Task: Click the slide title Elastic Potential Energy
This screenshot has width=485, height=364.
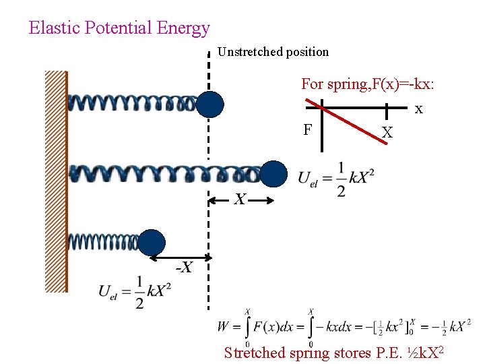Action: pos(119,28)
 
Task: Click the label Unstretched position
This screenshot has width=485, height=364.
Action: pos(273,52)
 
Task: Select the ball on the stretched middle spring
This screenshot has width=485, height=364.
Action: pos(274,173)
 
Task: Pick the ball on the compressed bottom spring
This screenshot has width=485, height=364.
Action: pos(152,243)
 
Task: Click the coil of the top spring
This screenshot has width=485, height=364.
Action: pos(131,103)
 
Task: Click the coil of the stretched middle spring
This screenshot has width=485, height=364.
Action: pos(165,173)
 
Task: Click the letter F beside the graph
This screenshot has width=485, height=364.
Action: pos(307,129)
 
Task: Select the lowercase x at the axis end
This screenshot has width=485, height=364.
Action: pos(418,109)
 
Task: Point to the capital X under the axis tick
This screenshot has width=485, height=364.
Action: pos(387,133)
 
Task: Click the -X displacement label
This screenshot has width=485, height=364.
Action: pos(184,268)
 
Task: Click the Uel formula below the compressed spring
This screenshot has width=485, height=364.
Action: pos(134,292)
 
